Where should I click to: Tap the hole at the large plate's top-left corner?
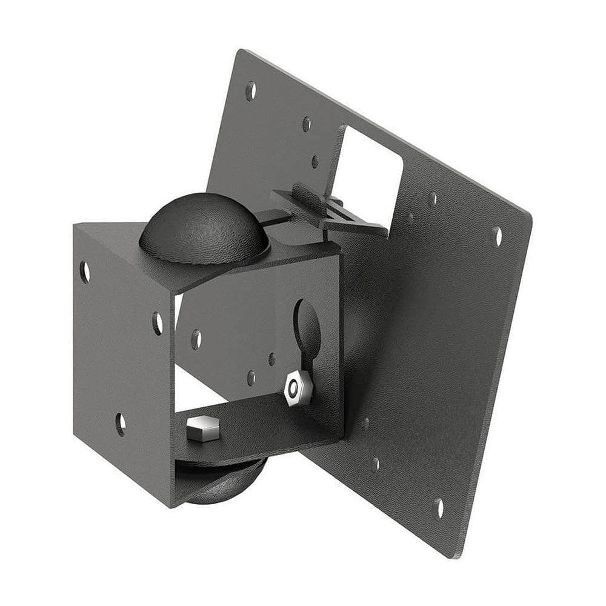(x=250, y=90)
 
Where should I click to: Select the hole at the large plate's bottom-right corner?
(x=439, y=508)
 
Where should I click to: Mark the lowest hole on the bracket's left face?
(x=121, y=424)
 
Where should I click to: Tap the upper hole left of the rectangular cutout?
(x=307, y=124)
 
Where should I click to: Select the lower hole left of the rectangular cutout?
(x=315, y=161)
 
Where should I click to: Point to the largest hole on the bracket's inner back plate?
(x=196, y=339)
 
